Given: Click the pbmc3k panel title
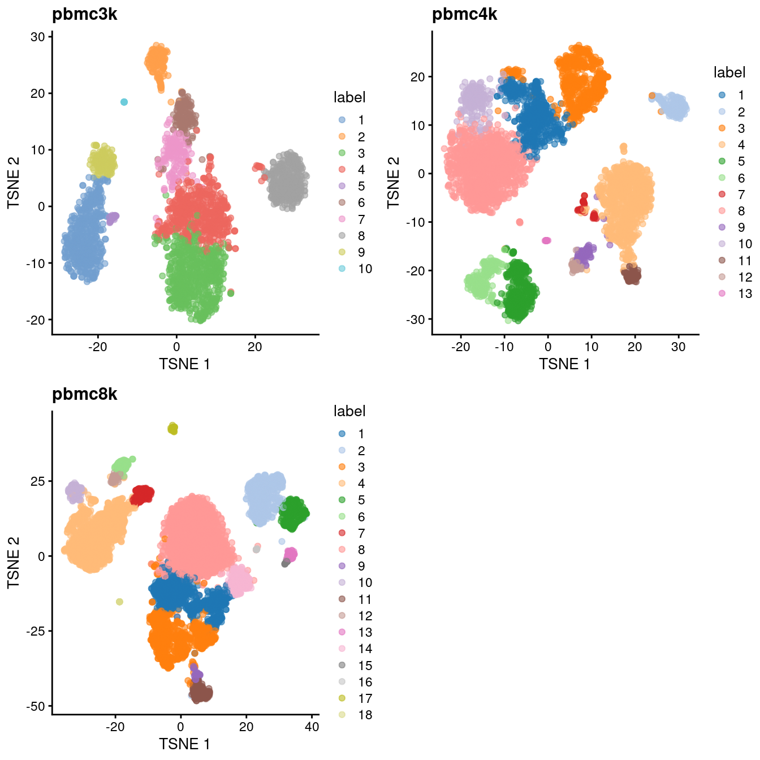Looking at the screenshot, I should [84, 14].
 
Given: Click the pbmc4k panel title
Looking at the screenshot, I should [464, 14].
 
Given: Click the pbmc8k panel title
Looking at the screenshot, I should [84, 394].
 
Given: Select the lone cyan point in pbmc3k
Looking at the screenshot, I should [124, 102].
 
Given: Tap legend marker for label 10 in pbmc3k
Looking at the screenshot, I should [342, 269].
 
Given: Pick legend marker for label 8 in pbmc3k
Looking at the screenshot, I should [342, 236].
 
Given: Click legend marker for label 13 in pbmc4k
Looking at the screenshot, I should [722, 293].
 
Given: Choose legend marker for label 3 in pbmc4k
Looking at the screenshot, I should [722, 128].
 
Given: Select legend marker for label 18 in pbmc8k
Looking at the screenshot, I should [342, 715].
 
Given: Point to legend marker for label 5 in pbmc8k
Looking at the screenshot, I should [342, 500].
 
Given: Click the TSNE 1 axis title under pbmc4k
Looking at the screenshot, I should [564, 364].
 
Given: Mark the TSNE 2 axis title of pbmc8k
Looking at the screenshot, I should [14, 562].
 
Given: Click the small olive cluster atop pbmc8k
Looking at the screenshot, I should [173, 429].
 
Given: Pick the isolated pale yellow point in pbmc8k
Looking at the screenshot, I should [119, 602].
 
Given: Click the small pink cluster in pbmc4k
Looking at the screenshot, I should [546, 240].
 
